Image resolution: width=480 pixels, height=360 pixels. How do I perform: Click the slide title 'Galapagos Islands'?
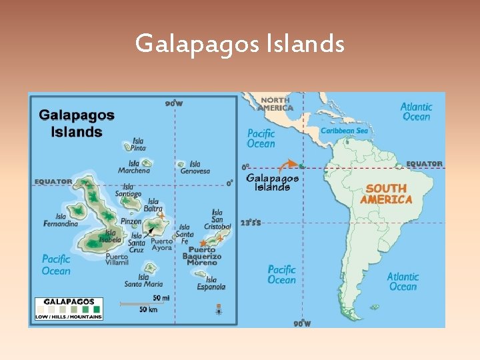pos(240,44)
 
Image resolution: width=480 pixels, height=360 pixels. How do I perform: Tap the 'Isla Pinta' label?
pos(138,145)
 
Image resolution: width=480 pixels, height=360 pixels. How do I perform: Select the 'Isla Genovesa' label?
pos(195,167)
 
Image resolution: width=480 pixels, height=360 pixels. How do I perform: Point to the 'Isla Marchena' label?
pos(134,167)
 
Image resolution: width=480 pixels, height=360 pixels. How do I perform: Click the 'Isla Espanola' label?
pos(211,283)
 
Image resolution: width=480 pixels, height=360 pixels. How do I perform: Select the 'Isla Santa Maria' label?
pos(143,281)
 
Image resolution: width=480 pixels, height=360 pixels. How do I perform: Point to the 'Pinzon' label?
pos(131,221)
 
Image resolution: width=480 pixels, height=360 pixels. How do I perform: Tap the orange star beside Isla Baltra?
pos(161,215)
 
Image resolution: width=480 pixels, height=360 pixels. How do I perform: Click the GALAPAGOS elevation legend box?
pos(69,309)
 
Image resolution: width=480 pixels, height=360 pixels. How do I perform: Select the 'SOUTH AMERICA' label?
pos(386,194)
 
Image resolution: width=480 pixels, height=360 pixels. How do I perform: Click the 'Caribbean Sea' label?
pos(344,131)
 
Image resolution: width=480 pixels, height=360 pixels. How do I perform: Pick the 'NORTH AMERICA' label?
pos(275,104)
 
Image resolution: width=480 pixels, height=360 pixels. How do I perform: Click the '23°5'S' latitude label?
pos(251,223)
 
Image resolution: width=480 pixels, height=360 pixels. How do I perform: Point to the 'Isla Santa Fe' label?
pos(185,231)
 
